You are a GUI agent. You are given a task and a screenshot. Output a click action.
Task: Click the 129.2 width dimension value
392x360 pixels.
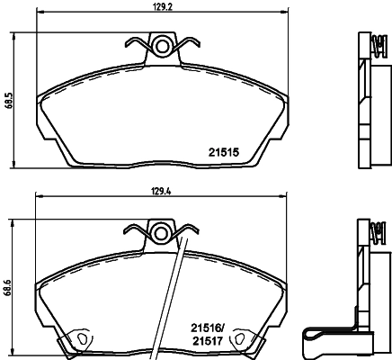162,8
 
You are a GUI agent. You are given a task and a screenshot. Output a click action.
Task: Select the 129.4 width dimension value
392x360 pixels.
162,191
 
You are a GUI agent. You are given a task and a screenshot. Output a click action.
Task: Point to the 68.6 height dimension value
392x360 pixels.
7,288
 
